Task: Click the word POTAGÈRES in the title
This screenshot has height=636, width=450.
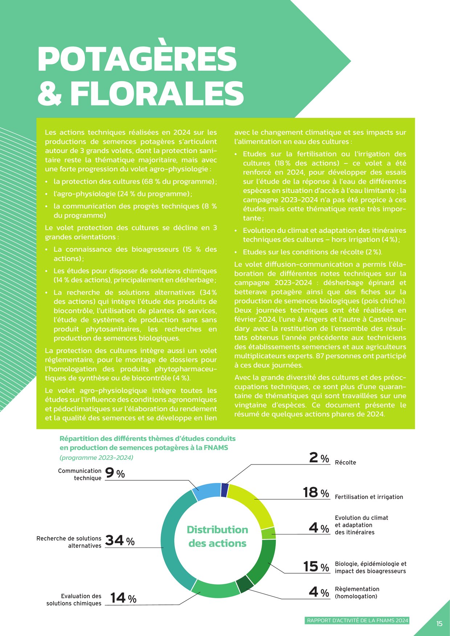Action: (x=137, y=59)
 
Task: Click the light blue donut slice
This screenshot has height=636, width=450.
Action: (x=206, y=492)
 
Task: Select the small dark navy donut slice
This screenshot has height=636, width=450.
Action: (x=225, y=490)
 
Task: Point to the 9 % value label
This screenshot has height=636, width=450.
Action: (x=115, y=473)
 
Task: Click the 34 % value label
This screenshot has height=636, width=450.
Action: (x=120, y=541)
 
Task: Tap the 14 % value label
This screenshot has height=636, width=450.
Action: (x=123, y=598)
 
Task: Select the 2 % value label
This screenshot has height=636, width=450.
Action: (x=319, y=458)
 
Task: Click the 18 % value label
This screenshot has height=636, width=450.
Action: (x=316, y=492)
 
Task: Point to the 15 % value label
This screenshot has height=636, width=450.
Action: (x=316, y=566)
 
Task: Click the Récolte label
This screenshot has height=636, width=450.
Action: (x=345, y=463)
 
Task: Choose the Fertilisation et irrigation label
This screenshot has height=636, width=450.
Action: (x=369, y=497)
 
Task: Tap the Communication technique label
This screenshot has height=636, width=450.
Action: (x=80, y=474)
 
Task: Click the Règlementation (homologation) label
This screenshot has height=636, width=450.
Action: (x=357, y=593)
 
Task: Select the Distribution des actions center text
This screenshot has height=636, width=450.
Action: (x=217, y=537)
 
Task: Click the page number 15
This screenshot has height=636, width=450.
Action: (x=439, y=624)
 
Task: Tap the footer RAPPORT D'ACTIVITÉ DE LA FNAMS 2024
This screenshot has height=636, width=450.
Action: (x=357, y=620)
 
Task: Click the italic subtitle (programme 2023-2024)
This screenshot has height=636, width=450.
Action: (x=96, y=458)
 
